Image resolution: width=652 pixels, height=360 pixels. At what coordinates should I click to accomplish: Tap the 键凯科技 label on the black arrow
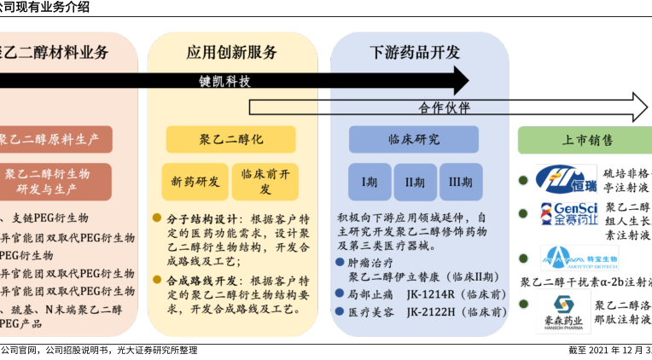click(225, 81)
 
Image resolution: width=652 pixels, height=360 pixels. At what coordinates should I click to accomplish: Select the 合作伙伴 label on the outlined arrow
click(444, 108)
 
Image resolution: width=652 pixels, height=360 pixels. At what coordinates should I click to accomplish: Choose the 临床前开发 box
click(265, 182)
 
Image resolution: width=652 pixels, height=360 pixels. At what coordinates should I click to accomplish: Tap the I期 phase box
click(369, 182)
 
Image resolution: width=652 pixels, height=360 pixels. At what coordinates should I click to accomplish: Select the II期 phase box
click(415, 182)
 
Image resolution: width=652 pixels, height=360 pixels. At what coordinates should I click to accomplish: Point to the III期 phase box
click(461, 182)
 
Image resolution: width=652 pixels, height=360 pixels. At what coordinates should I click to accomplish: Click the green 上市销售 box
click(586, 139)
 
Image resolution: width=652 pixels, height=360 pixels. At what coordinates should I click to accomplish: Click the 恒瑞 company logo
click(566, 179)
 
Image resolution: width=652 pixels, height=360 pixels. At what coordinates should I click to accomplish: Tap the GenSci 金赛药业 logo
click(565, 213)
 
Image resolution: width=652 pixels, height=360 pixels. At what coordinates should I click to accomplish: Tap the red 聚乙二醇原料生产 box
click(55, 139)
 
